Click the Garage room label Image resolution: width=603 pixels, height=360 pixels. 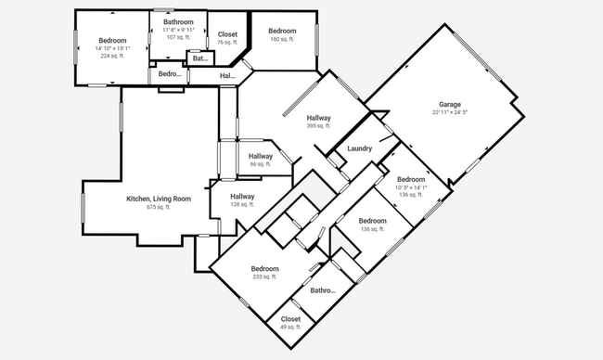(x=450, y=104)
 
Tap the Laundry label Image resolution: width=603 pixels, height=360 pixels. (x=359, y=148)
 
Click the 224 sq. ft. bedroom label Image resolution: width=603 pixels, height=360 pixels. (x=112, y=56)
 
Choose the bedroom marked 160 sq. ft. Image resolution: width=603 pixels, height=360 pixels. (x=282, y=32)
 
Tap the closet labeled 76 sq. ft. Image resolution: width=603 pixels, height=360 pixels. (x=227, y=35)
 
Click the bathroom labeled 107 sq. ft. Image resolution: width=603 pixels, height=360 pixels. (x=179, y=21)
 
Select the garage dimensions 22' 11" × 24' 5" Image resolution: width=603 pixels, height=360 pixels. (x=450, y=112)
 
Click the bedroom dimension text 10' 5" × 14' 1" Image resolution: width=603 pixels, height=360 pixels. (x=410, y=187)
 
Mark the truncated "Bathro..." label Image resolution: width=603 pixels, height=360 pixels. (x=323, y=289)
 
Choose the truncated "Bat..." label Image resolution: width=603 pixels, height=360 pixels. (x=200, y=58)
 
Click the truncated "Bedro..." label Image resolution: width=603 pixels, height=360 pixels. (x=170, y=73)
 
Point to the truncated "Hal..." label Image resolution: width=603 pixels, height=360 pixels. (x=227, y=75)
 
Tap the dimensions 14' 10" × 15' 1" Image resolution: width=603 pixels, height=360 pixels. (x=112, y=48)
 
